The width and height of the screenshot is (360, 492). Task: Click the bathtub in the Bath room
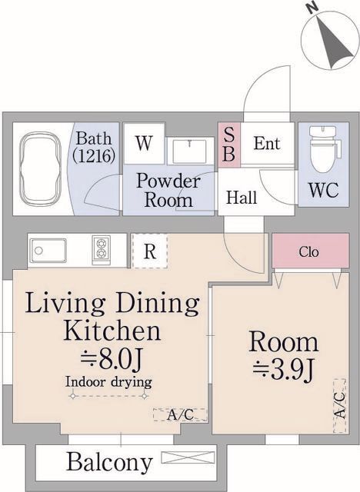pos(40,168)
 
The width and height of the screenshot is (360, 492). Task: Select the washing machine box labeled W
pos(145,144)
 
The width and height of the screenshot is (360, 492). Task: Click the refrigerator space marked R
pos(150,251)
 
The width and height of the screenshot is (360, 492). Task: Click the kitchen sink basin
pos(48,250)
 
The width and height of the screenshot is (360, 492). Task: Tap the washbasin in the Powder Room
pos(189,151)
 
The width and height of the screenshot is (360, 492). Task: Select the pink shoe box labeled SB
pos(229,145)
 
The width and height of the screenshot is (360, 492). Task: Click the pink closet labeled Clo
pos(311,251)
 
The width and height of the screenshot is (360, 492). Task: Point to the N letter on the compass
pos(312,8)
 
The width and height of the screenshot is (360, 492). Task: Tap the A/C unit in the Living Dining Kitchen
pos(180,415)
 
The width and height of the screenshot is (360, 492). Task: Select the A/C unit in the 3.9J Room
pos(339,405)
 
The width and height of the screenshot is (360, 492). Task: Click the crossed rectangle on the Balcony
pos(188,457)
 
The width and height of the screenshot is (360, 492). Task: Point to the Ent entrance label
pos(266,144)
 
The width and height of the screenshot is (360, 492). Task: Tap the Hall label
pos(242,198)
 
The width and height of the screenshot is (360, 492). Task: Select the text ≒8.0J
pos(112,359)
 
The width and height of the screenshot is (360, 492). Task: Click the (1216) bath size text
pos(93,155)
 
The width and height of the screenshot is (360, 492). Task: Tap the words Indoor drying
pos(108,382)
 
